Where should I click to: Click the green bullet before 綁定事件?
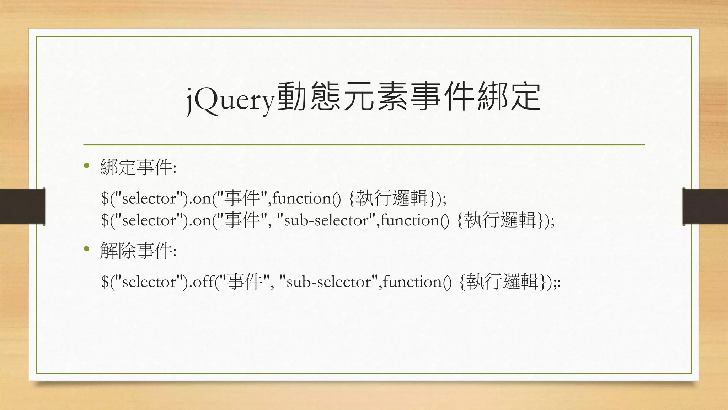tap(86, 165)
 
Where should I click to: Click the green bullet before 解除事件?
tap(86, 249)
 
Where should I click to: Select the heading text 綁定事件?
tap(138, 167)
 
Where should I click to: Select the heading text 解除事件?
tap(138, 251)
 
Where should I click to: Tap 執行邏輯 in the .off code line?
tap(502, 282)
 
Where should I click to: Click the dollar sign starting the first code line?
tap(105, 199)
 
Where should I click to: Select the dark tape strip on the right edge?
tap(705, 206)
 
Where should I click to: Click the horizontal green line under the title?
tap(364, 145)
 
